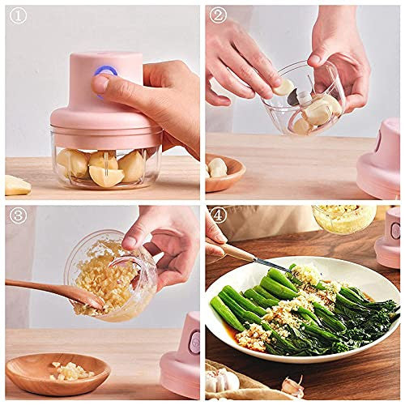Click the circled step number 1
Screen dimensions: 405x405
[16, 16]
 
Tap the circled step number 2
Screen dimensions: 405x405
[218, 16]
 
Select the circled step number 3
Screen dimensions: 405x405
[16, 216]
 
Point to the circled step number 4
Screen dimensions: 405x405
[218, 216]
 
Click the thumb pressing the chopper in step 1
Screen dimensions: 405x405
[102, 83]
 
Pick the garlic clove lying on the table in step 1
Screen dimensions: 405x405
[16, 185]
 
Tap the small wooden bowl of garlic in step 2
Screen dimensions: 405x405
[223, 173]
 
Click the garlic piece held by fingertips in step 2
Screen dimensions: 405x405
[283, 87]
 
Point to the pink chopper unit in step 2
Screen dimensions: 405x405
[381, 162]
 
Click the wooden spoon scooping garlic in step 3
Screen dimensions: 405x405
[49, 290]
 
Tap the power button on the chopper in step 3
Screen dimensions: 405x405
[194, 343]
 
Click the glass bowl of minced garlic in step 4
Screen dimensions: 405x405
[344, 218]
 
